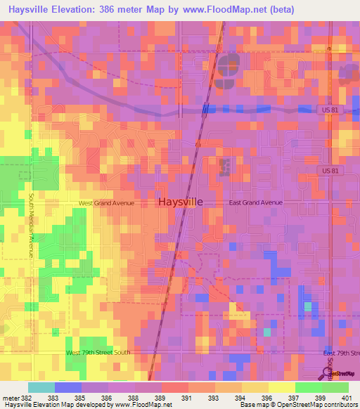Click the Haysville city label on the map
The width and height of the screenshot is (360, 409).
pos(181,202)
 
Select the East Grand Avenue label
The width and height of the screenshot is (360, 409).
pos(256,202)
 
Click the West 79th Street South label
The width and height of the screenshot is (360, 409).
pos(98,352)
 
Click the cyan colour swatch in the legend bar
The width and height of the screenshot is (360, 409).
pos(41,387)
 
